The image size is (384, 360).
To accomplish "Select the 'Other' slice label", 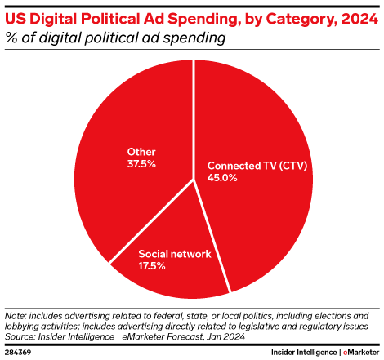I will (x=141, y=151).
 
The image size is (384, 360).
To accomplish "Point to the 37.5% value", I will (x=141, y=163).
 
